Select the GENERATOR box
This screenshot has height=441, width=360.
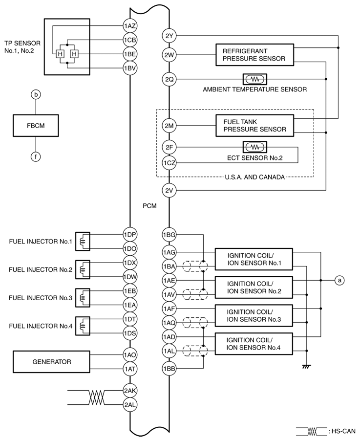click(x=52, y=362)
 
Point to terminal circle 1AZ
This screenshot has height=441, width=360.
click(x=129, y=25)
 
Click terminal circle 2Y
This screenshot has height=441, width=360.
click(x=169, y=35)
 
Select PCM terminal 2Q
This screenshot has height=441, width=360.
click(x=169, y=78)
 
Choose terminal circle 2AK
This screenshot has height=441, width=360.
click(x=129, y=391)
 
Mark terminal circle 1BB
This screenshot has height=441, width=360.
click(x=169, y=369)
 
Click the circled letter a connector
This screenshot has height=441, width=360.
click(x=340, y=280)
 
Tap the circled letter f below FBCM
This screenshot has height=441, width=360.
click(x=36, y=156)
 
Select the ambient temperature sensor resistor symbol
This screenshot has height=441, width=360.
click(x=254, y=78)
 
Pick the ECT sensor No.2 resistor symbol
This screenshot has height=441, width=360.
click(x=254, y=147)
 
